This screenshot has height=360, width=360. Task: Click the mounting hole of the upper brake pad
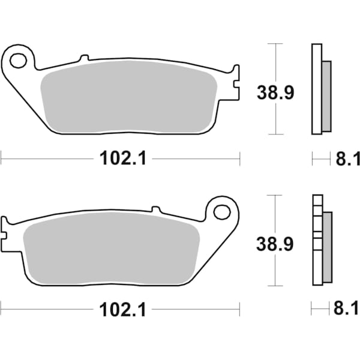[x=19, y=60]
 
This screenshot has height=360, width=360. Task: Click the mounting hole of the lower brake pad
[x=222, y=211]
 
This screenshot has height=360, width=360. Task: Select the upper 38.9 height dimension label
[x=274, y=93]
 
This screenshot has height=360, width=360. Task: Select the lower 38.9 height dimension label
[x=274, y=244]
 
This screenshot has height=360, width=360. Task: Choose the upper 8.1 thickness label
[x=347, y=159]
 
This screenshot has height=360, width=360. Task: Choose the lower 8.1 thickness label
[x=347, y=310]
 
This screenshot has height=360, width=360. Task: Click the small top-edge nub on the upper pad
[x=84, y=58]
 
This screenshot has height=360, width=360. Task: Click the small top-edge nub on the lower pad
[x=156, y=209]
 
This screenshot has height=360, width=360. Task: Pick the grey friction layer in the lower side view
[x=326, y=247]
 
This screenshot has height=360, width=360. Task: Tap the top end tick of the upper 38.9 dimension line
[x=275, y=44]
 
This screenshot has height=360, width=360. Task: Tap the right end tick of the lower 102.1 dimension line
[x=240, y=310]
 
